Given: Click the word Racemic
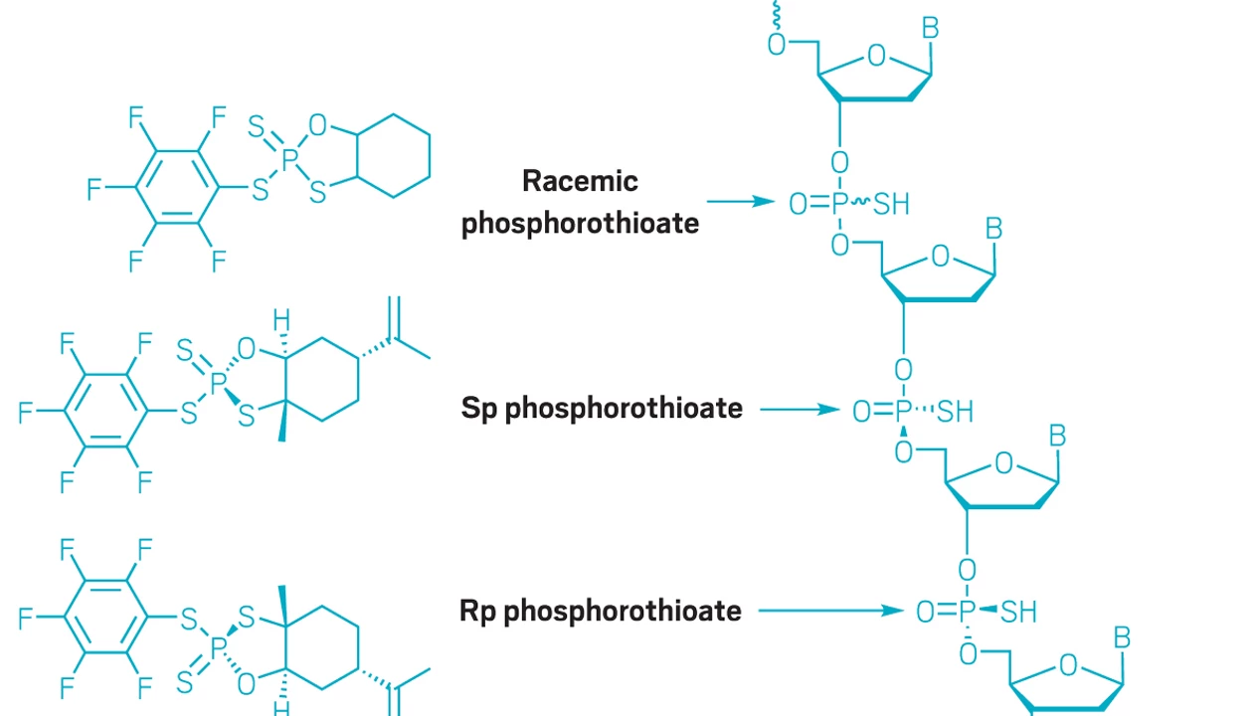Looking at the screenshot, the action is (580, 181).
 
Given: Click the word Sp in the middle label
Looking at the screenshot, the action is (479, 409).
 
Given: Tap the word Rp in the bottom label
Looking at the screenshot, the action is (477, 612).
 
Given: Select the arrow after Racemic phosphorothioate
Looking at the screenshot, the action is (741, 201).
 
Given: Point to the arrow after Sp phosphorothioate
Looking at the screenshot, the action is (800, 410).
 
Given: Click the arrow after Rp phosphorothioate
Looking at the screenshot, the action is (831, 611).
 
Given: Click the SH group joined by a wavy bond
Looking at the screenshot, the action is (891, 204).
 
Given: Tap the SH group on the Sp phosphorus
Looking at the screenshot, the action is (955, 412).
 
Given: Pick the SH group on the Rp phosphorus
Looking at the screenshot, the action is (1018, 612).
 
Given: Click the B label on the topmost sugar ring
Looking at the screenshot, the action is (930, 28).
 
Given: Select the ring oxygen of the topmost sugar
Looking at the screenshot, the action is (876, 56).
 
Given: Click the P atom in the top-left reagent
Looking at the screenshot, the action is (289, 159).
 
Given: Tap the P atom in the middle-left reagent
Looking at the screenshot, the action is (218, 383).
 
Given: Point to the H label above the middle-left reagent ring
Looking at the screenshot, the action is (281, 320).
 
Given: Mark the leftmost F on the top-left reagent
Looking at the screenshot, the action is (93, 189).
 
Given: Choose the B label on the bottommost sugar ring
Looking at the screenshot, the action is (1122, 637).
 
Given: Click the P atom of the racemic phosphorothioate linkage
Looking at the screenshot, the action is (839, 204).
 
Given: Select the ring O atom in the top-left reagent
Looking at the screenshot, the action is (317, 124).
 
